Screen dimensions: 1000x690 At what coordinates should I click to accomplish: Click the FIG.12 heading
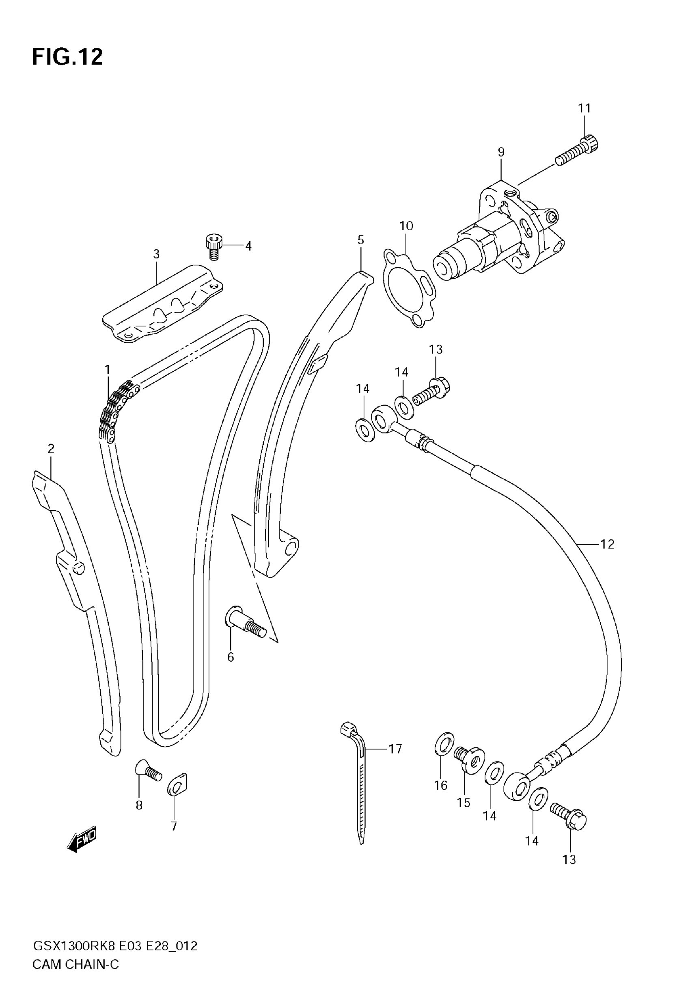tap(67, 56)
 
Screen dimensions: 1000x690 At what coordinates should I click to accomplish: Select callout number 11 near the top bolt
tap(584, 108)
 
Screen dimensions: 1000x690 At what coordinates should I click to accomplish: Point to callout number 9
tap(501, 152)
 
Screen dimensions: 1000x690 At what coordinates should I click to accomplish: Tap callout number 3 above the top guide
tap(156, 254)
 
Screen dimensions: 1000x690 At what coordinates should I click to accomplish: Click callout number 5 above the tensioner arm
tap(360, 240)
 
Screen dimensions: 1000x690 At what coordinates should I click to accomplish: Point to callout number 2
tap(51, 448)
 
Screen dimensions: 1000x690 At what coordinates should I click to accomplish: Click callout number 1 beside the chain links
tap(107, 369)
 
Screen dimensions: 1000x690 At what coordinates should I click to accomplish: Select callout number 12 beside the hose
tap(608, 544)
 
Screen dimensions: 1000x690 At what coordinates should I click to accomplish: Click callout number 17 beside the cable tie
tap(395, 749)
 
